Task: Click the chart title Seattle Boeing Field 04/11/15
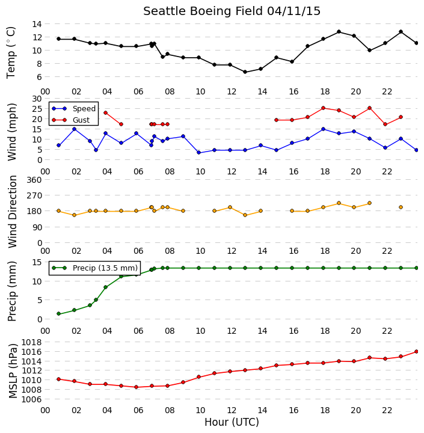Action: (x=232, y=11)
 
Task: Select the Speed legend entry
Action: (x=74, y=108)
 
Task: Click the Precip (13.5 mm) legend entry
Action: (x=95, y=268)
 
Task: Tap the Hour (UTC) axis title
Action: (x=232, y=422)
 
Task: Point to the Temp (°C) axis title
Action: (x=11, y=53)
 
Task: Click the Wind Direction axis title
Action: (x=13, y=212)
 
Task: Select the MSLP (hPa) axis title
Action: (x=13, y=371)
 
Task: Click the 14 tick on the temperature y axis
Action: (x=37, y=24)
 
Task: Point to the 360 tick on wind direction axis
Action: (x=34, y=180)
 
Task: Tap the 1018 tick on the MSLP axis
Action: (x=31, y=342)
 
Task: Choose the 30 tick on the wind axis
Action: (x=37, y=99)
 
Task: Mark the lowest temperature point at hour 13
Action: (x=245, y=72)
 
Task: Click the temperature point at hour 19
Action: (x=339, y=32)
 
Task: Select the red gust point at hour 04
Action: (x=105, y=112)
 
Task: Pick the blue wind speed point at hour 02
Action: (x=75, y=129)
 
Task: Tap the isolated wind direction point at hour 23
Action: (x=401, y=207)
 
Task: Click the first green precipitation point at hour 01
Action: (x=58, y=314)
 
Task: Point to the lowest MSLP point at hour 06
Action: (x=136, y=387)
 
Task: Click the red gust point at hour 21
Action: (x=370, y=108)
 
